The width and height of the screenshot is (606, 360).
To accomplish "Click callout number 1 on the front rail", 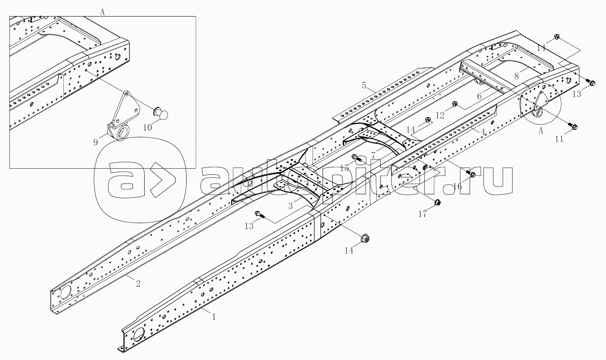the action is [x=214, y=317].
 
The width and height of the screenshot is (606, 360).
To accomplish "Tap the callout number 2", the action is [x=138, y=283].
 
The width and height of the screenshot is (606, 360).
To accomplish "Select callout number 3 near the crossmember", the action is [x=290, y=206].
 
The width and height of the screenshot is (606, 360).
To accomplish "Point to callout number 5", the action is [x=364, y=86].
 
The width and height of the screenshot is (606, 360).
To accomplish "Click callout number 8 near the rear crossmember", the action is [x=517, y=76].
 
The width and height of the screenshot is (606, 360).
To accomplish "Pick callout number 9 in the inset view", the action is [x=95, y=142].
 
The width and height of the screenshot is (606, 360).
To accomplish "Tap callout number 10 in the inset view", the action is [x=147, y=127].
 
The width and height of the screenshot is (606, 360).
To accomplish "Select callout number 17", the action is [x=422, y=214].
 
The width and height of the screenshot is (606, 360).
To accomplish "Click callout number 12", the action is [x=440, y=115].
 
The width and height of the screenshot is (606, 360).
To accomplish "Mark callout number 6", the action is [x=480, y=96].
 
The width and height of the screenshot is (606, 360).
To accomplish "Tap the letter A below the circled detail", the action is [x=541, y=131].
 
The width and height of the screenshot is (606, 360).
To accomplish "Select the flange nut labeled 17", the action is [x=436, y=202].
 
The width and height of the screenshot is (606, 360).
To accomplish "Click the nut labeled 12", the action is [x=454, y=103].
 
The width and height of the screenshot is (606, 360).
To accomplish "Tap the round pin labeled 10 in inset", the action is [x=161, y=114].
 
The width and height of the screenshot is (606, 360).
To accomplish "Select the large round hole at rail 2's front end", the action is [x=65, y=294].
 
